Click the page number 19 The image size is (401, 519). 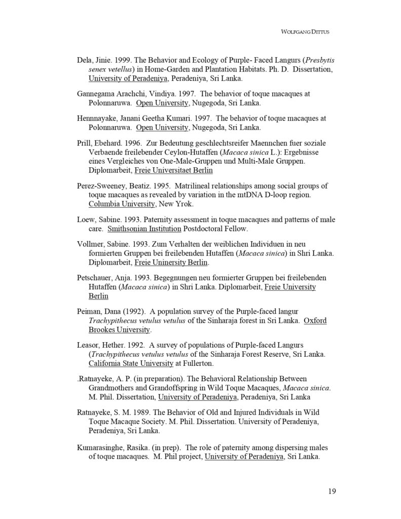[332, 491]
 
